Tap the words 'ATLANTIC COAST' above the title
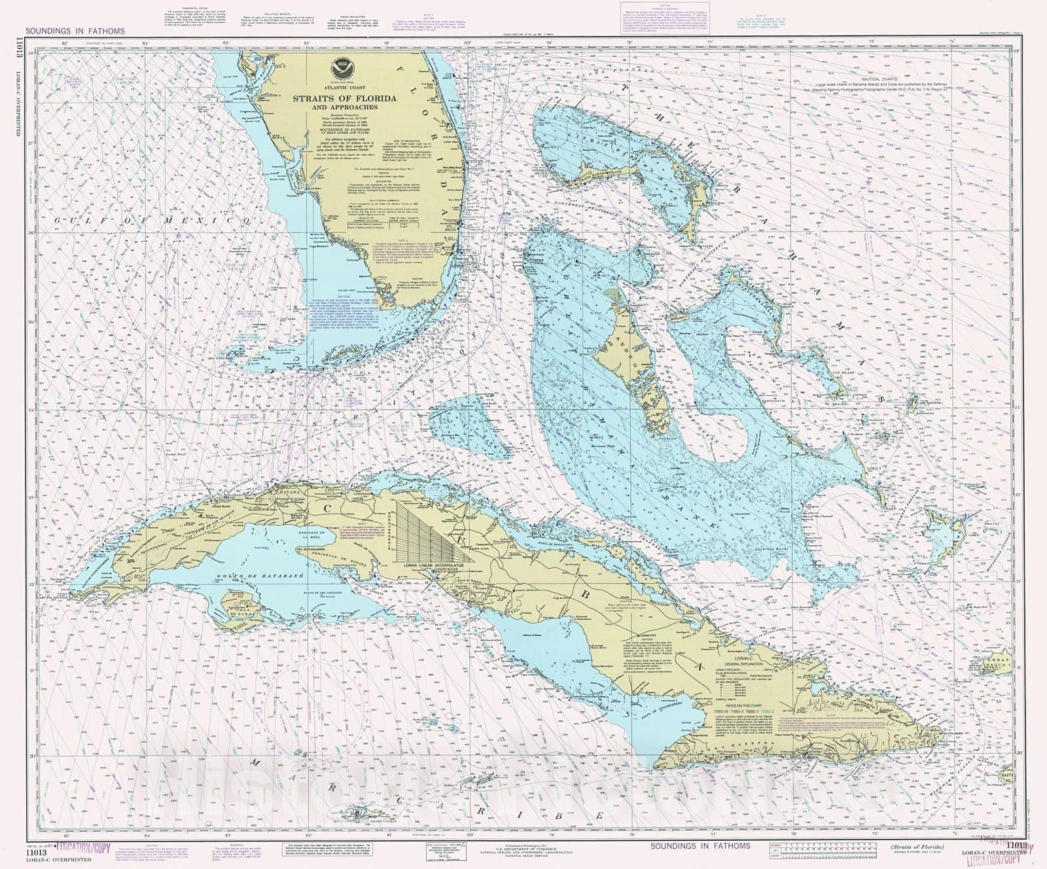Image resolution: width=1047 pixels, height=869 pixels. click(340, 87)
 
